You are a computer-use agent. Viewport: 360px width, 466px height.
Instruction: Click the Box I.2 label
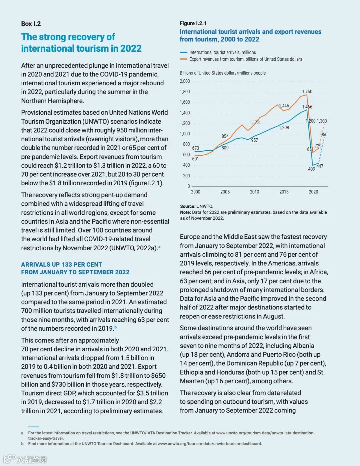pyautogui.click(x=31, y=24)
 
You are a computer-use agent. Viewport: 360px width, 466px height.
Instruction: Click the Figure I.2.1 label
pyautogui.click(x=193, y=23)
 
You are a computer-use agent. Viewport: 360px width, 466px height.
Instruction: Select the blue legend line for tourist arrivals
pyautogui.click(x=183, y=52)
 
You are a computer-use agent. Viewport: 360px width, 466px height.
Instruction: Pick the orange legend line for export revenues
pyautogui.click(x=183, y=59)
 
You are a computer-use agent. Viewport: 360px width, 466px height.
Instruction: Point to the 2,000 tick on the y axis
pyautogui.click(x=185, y=81)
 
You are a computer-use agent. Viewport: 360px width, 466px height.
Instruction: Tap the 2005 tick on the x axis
pyautogui.click(x=225, y=192)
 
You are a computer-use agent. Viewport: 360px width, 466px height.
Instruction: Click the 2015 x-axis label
pyautogui.click(x=284, y=192)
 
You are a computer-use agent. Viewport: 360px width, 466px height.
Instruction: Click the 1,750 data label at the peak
pyautogui.click(x=307, y=92)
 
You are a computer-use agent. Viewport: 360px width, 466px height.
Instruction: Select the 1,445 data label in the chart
pyautogui.click(x=284, y=106)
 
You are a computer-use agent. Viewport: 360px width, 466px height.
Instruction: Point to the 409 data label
pyautogui.click(x=311, y=169)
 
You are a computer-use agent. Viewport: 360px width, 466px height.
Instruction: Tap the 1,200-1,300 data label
pyautogui.click(x=316, y=121)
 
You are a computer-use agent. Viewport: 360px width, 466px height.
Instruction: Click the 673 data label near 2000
pyautogui.click(x=195, y=148)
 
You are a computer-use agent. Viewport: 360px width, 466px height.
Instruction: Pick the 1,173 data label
pyautogui.click(x=254, y=123)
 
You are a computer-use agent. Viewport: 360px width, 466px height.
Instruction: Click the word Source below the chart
pyautogui.click(x=188, y=206)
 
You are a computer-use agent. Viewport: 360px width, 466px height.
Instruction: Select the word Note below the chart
pyautogui.click(x=185, y=212)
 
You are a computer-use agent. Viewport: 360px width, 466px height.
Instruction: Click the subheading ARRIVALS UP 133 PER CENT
pyautogui.click(x=62, y=265)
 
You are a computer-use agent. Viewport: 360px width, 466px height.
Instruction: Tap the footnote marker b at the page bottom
pyautogui.click(x=22, y=444)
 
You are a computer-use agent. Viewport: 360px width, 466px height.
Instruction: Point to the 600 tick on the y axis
pyautogui.click(x=186, y=155)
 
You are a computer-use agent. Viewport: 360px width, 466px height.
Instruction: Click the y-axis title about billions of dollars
pyautogui.click(x=223, y=73)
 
